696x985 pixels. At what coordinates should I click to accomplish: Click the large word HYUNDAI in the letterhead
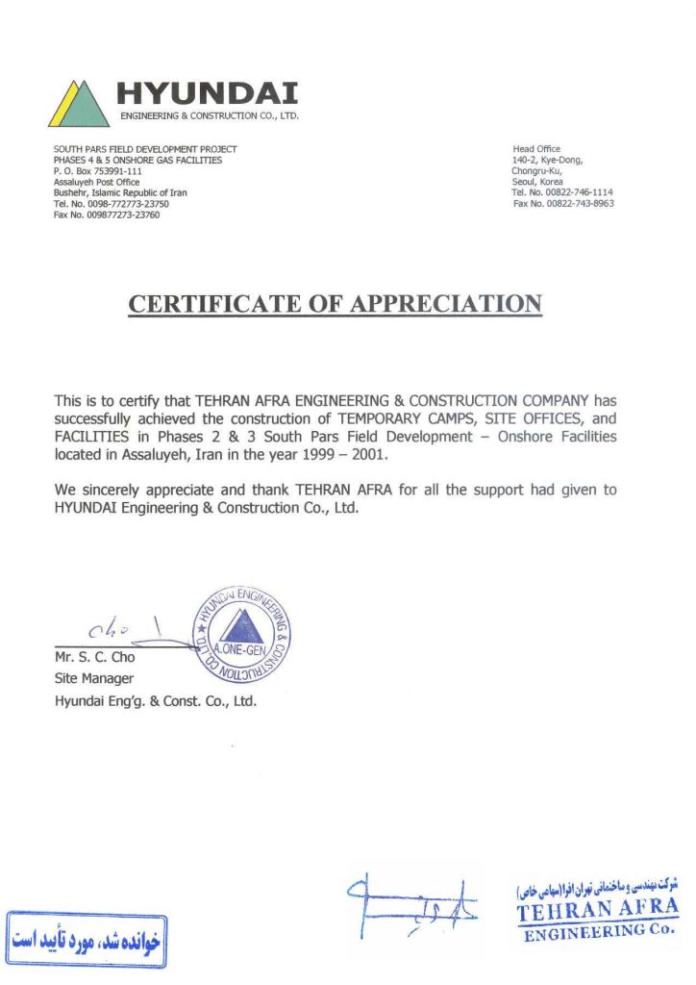pyautogui.click(x=207, y=93)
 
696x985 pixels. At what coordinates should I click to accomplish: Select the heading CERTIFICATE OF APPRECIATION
pyautogui.click(x=336, y=304)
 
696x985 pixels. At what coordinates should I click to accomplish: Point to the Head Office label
pyautogui.click(x=536, y=149)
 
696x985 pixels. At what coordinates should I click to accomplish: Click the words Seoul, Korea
pyautogui.click(x=537, y=182)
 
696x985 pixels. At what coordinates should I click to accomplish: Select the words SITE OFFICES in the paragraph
pyautogui.click(x=534, y=418)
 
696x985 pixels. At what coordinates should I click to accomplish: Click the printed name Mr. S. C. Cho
pyautogui.click(x=95, y=658)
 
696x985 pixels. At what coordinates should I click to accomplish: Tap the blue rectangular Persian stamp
pyautogui.click(x=87, y=936)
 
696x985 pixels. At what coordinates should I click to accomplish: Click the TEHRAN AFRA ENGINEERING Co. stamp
pyautogui.click(x=597, y=910)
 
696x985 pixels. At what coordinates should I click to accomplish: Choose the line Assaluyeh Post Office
pyautogui.click(x=96, y=182)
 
